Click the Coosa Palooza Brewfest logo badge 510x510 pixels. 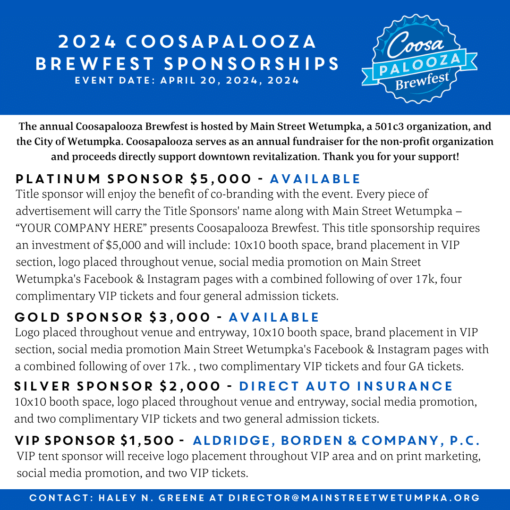[x=419, y=58]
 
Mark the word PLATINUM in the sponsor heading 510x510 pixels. [x=58, y=179]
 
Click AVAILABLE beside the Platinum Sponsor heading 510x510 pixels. [x=315, y=179]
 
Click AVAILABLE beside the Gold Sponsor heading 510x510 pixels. [x=274, y=317]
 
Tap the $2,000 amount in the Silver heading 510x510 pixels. [x=190, y=386]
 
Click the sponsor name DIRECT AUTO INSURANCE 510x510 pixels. [x=346, y=386]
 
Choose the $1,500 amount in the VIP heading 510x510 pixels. [x=147, y=441]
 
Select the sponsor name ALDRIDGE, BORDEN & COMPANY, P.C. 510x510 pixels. [x=336, y=441]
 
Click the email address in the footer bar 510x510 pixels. [x=354, y=498]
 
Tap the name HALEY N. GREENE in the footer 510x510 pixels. [x=152, y=498]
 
